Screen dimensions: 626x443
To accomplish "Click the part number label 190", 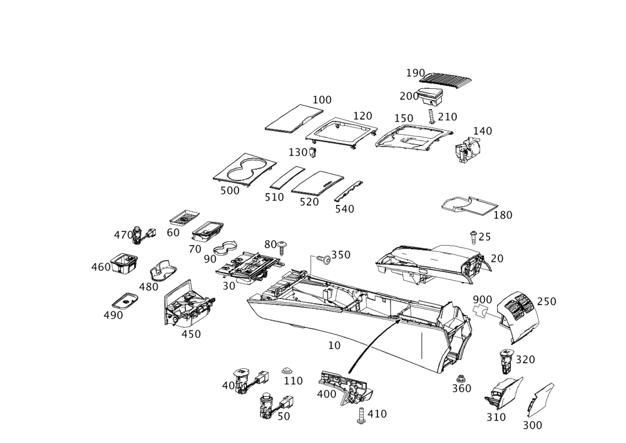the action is (415, 73).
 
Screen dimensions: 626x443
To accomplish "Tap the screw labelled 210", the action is (431, 117).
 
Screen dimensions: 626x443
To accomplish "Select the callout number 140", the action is (482, 131).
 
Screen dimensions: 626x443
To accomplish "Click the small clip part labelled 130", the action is (313, 152).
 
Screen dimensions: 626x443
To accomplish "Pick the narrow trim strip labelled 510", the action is (287, 177).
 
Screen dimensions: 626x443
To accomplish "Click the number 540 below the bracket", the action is (344, 209).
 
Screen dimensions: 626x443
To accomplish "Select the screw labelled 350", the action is (324, 259).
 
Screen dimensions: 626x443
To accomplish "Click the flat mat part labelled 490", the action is (125, 300).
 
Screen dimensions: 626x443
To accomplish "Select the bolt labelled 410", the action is (361, 415).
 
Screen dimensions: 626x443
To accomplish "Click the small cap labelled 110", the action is (286, 371).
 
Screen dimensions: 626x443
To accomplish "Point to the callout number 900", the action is (482, 300).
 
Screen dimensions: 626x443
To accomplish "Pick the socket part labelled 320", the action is (506, 360).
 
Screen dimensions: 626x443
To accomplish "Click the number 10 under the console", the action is (334, 345).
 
